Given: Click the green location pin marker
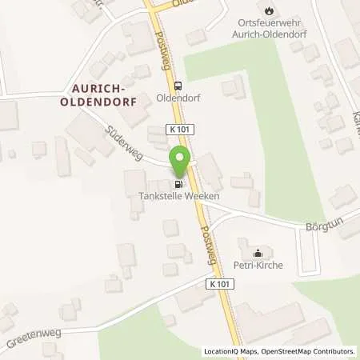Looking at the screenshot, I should click(x=180, y=164).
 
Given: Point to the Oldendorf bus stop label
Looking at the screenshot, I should click(x=178, y=101).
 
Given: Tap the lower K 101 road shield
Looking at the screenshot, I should click(x=222, y=283).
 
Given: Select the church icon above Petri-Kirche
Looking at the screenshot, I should click(x=258, y=255).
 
